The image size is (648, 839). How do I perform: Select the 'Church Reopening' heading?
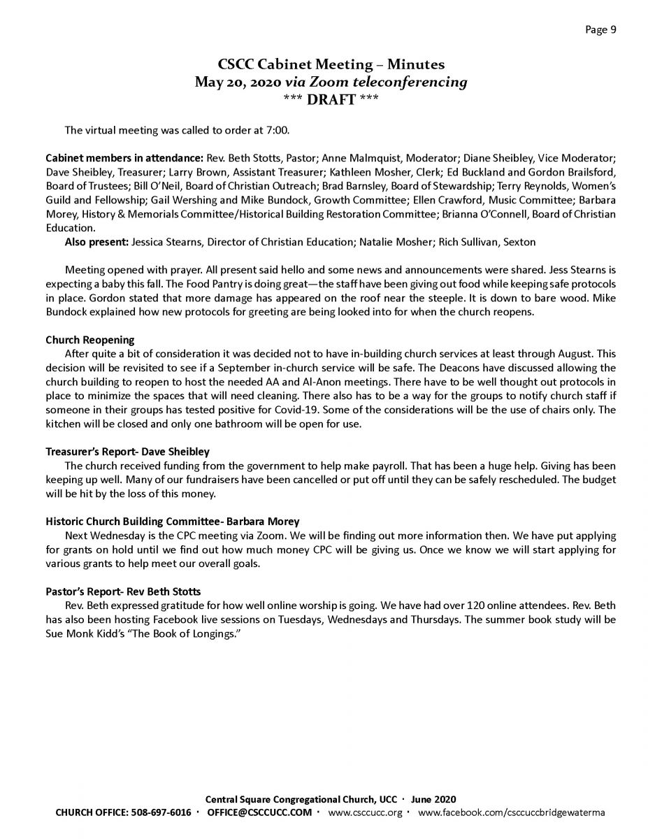tap(89, 340)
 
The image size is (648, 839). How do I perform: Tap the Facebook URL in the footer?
tap(511, 812)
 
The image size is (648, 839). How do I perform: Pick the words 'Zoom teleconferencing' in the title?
tap(399, 82)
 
